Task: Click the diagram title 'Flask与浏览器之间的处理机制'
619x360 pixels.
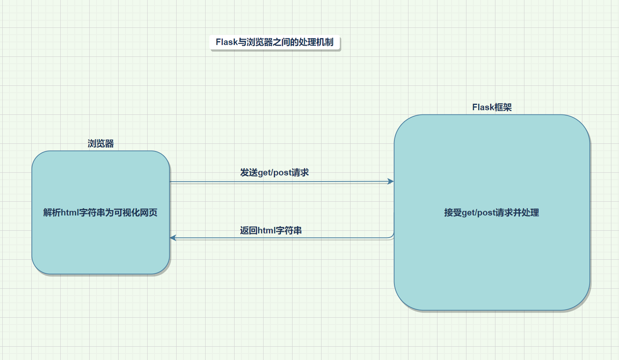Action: click(x=275, y=42)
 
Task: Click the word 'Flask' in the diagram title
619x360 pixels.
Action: click(x=227, y=42)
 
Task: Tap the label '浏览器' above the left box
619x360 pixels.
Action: click(x=101, y=144)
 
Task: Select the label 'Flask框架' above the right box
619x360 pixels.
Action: click(x=492, y=108)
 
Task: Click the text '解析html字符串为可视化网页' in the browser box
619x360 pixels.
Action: click(x=100, y=212)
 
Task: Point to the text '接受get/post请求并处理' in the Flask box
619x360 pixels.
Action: click(x=492, y=212)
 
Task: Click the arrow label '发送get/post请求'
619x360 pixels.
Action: click(x=274, y=173)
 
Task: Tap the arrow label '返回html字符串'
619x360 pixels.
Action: click(x=271, y=231)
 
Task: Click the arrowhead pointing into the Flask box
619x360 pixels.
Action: click(x=391, y=182)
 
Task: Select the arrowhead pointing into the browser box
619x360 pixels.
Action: click(x=173, y=238)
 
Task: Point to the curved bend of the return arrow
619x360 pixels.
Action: click(x=392, y=235)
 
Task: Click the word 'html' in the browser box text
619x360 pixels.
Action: click(x=70, y=212)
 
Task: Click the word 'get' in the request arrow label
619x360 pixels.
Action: click(x=264, y=173)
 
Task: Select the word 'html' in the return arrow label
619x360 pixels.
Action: click(x=267, y=231)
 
